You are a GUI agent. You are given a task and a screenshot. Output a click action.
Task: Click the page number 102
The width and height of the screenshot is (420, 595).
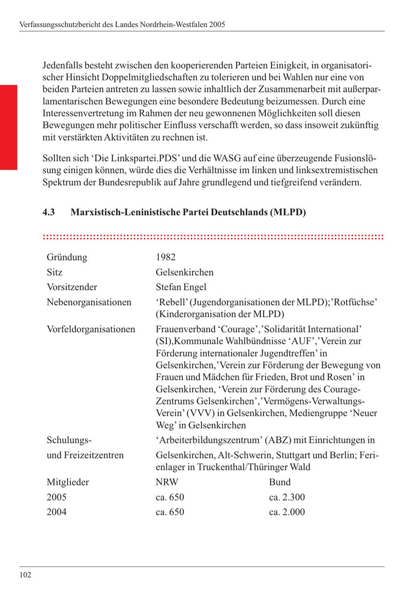click(x=25, y=575)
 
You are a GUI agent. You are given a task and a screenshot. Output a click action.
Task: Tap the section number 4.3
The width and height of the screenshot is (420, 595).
click(x=49, y=212)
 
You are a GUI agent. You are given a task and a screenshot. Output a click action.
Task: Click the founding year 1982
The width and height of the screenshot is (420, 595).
click(x=166, y=257)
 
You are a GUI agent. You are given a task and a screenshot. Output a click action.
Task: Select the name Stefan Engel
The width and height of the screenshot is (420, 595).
click(x=181, y=287)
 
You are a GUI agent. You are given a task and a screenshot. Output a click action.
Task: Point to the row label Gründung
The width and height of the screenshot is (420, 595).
click(x=67, y=257)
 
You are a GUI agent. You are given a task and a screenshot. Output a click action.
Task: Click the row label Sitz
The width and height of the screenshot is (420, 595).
click(x=55, y=272)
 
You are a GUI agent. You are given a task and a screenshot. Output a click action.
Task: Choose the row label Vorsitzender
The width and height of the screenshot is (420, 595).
click(x=72, y=287)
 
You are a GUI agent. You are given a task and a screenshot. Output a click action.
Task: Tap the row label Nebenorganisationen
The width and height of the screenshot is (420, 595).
click(x=89, y=302)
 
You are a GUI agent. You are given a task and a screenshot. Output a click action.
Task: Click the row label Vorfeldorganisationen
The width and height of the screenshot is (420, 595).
click(x=91, y=329)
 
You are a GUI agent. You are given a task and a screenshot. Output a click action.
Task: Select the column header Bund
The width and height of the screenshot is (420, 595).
click(x=280, y=482)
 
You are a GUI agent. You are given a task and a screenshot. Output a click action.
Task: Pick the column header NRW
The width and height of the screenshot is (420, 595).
click(x=167, y=482)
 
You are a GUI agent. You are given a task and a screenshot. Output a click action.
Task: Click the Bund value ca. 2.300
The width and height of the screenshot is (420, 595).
click(x=287, y=497)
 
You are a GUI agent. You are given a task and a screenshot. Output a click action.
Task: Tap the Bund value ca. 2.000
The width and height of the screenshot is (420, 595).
click(x=287, y=512)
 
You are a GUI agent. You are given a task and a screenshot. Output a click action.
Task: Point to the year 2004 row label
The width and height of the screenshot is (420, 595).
click(x=56, y=512)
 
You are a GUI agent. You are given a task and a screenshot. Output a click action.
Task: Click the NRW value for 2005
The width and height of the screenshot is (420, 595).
click(x=170, y=497)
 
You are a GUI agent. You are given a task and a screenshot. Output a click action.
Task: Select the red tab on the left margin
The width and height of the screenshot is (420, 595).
click(x=8, y=127)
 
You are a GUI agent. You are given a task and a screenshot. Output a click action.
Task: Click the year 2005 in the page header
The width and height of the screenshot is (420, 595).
click(x=217, y=24)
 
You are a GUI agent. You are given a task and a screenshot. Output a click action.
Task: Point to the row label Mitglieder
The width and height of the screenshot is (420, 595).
click(x=68, y=482)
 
